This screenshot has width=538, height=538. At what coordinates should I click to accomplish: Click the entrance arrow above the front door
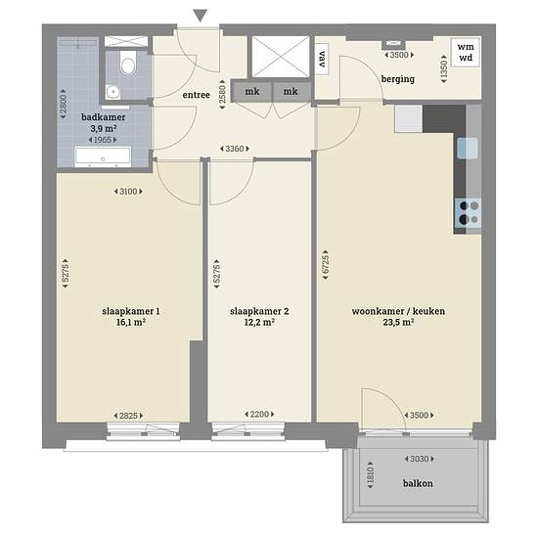point(200,16)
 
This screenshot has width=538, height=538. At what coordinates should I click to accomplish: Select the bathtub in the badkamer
point(103,157)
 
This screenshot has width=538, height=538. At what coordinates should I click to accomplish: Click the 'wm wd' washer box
point(466,52)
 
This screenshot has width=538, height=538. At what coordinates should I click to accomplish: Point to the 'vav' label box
point(322,59)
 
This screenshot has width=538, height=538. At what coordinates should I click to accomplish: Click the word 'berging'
point(398,79)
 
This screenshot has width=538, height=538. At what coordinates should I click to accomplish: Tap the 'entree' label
point(197,95)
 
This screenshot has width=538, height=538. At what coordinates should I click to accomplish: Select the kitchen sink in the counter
point(468,149)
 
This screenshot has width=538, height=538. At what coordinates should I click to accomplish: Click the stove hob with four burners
point(468,212)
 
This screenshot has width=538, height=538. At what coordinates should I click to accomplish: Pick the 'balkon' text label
point(418,483)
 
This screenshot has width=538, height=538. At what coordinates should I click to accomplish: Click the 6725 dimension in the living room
point(326,265)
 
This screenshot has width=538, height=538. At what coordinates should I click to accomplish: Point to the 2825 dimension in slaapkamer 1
point(128,416)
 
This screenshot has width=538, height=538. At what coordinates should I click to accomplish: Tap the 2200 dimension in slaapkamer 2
point(259,414)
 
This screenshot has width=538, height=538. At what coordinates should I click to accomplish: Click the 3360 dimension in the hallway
point(235,149)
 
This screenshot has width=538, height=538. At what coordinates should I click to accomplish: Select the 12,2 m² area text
point(259,322)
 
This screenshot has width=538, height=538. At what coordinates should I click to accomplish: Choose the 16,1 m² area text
point(131,322)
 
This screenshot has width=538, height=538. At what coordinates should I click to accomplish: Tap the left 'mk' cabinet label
point(252,92)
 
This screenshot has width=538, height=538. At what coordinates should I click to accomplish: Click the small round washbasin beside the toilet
point(112,92)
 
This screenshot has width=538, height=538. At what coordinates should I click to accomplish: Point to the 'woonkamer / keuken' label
point(398,311)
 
